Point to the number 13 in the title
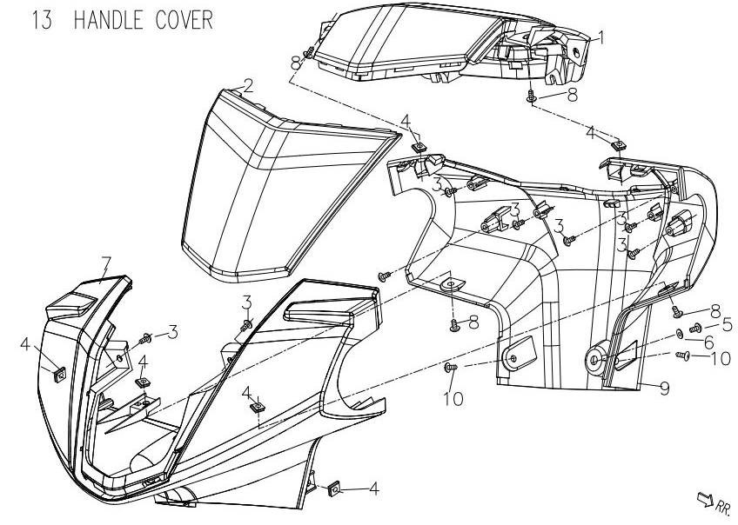40,20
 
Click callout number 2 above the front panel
248,86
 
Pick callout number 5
715,323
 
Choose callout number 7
106,262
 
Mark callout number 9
664,389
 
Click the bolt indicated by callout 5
695,328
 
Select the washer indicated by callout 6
680,335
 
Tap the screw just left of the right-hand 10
684,356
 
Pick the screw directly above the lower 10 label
451,369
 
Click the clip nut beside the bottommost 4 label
334,489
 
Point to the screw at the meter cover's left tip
308,54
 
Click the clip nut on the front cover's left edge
59,373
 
